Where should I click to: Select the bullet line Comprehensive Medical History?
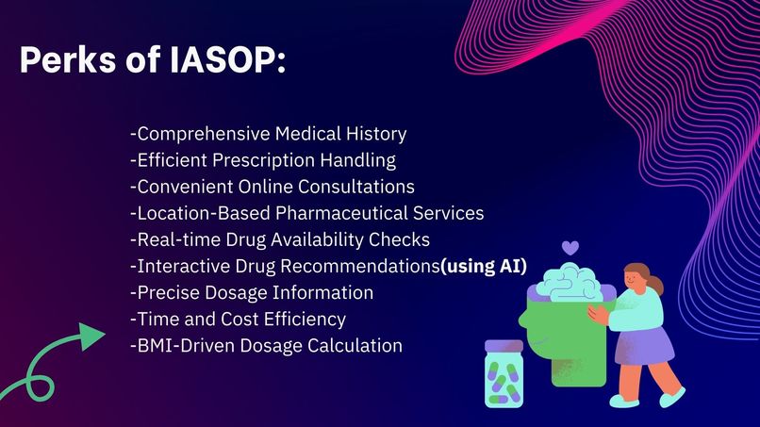269,134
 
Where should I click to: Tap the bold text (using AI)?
484,266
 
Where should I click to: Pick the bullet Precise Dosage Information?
252,292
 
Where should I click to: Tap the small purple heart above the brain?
570,248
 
